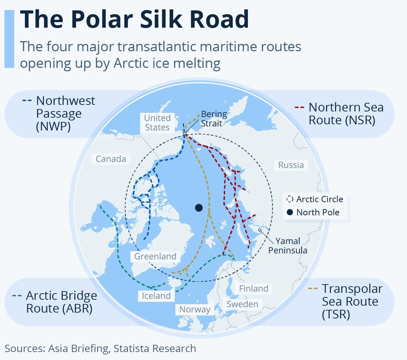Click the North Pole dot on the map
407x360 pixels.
[x=198, y=208]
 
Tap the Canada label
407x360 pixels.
[x=111, y=159]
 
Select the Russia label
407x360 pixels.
[x=291, y=165]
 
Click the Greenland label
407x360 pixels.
[x=155, y=256]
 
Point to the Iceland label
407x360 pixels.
[x=156, y=296]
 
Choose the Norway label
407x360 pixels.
[x=195, y=309]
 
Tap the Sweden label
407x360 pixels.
[x=242, y=304]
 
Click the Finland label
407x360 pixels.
[x=253, y=289]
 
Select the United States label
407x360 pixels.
[x=157, y=123]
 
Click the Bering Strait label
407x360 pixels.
[x=213, y=118]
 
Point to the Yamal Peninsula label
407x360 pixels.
[x=288, y=245]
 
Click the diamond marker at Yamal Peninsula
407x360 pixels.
[x=260, y=230]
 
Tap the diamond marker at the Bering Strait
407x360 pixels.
[x=185, y=134]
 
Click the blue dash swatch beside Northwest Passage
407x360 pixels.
[x=27, y=101]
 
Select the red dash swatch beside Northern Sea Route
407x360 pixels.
[x=299, y=107]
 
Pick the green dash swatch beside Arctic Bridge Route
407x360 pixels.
[x=17, y=296]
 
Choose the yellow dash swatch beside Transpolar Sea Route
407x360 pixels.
[x=313, y=289]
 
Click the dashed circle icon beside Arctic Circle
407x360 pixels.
[x=290, y=199]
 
